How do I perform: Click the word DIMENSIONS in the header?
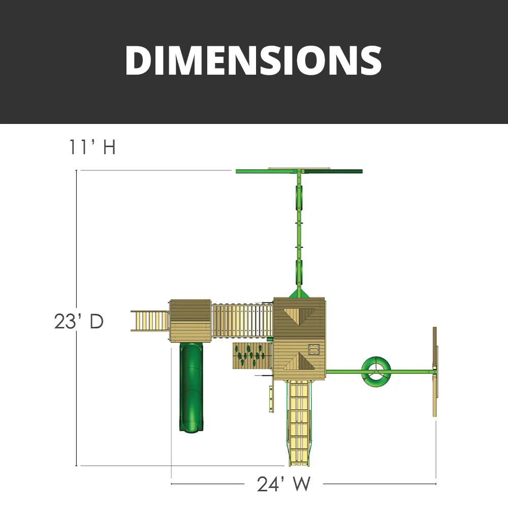[253, 60]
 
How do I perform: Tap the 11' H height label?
[92, 147]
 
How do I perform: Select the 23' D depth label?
[79, 322]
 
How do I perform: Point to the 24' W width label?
[284, 484]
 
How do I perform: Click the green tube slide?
[192, 387]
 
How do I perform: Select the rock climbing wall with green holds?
[252, 356]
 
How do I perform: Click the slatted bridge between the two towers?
[242, 321]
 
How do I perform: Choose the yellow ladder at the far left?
[150, 321]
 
